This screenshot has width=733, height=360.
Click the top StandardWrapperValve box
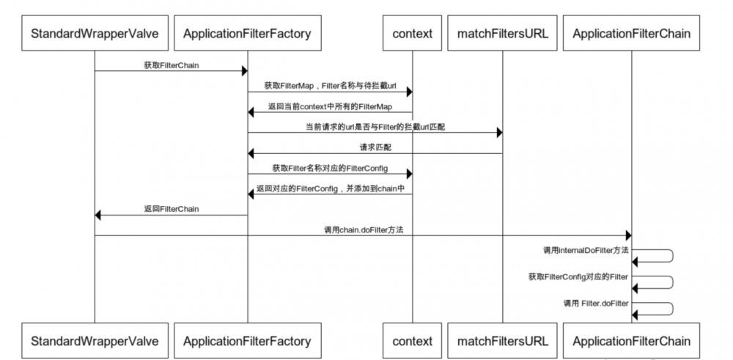tap(95, 34)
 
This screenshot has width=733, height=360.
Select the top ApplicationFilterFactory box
tap(247, 34)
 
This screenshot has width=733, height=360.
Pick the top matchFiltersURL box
tap(502, 34)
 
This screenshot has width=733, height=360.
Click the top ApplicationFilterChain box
tap(631, 34)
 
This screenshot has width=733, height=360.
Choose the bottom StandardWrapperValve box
tap(95, 341)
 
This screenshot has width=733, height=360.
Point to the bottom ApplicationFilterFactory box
tap(247, 341)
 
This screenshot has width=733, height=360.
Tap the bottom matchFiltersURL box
tap(502, 341)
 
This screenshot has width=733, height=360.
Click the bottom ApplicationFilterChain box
tap(631, 341)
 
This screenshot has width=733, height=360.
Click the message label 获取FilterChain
tap(171, 65)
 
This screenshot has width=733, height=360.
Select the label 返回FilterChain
tap(171, 209)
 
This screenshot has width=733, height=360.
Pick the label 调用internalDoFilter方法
tap(585, 250)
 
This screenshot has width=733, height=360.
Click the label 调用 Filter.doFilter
tap(595, 302)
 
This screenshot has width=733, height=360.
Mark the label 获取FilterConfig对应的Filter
tap(578, 276)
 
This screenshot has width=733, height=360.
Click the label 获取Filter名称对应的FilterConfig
tap(330, 168)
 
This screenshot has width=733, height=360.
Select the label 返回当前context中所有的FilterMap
tap(330, 106)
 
